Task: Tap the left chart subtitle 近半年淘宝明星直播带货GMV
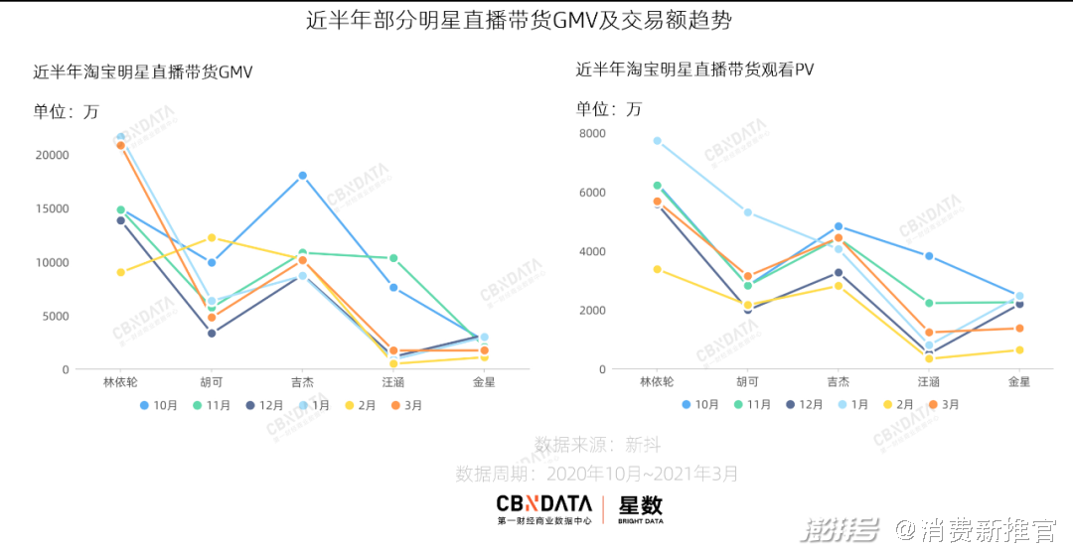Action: pyautogui.click(x=143, y=71)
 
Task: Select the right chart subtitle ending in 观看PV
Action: pyautogui.click(x=695, y=69)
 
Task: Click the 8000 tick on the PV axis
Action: pyautogui.click(x=592, y=133)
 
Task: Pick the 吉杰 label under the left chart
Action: pyautogui.click(x=302, y=381)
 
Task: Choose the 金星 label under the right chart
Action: pyautogui.click(x=1019, y=381)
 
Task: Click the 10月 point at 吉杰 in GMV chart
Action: pyautogui.click(x=303, y=176)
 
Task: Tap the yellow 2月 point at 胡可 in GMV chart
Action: pyautogui.click(x=212, y=238)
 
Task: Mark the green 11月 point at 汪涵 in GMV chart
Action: pyautogui.click(x=394, y=258)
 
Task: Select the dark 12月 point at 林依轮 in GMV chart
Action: pyautogui.click(x=121, y=220)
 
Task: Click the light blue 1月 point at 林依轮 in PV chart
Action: pyautogui.click(x=657, y=141)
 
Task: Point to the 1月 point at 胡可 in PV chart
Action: pyautogui.click(x=748, y=212)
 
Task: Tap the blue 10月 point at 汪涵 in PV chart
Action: pyautogui.click(x=929, y=256)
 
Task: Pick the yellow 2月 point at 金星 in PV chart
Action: pyautogui.click(x=1019, y=349)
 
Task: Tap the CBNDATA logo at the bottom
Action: pyautogui.click(x=543, y=508)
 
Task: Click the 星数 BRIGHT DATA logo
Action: pyautogui.click(x=640, y=508)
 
